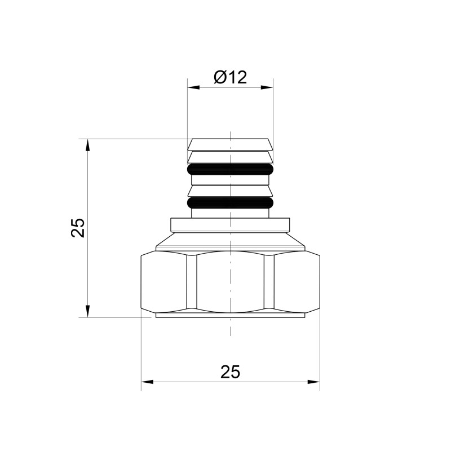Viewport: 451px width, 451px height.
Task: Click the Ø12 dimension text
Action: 231,77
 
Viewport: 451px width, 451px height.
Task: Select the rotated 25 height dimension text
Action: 78,228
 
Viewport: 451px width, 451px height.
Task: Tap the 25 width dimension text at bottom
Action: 230,372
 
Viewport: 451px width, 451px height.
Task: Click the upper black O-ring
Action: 230,169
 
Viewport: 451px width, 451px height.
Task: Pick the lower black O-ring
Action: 230,202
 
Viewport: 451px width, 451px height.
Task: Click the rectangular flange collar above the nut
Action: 230,224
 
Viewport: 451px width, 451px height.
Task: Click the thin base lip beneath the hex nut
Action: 230,315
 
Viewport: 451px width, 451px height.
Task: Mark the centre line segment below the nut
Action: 231,327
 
